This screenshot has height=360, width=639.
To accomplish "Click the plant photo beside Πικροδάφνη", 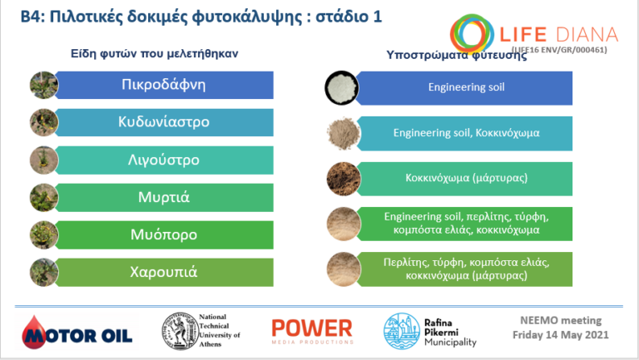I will pyautogui.click(x=41, y=85).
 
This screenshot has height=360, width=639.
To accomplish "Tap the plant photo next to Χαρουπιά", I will pyautogui.click(x=41, y=272).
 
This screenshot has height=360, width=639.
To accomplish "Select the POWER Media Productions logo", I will pyautogui.click(x=311, y=330).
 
